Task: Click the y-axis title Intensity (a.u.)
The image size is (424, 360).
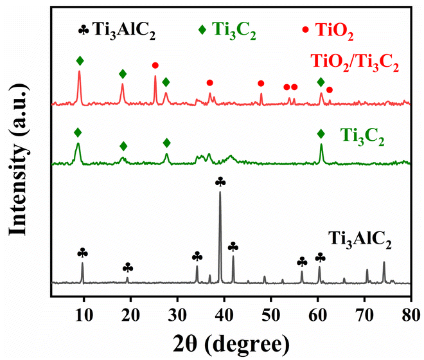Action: (x=19, y=161)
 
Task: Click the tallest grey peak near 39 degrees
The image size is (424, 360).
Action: (x=220, y=193)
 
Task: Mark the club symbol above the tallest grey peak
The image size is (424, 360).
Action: (x=220, y=181)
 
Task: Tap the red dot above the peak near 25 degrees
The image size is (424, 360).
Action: (x=155, y=66)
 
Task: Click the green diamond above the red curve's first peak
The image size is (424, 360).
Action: (x=80, y=61)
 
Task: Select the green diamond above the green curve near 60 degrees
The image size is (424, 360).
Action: (x=321, y=134)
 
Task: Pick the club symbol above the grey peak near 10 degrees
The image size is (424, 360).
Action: (x=82, y=253)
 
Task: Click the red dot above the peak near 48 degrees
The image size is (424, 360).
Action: (x=261, y=84)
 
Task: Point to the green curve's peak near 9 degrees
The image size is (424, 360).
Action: (x=78, y=144)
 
